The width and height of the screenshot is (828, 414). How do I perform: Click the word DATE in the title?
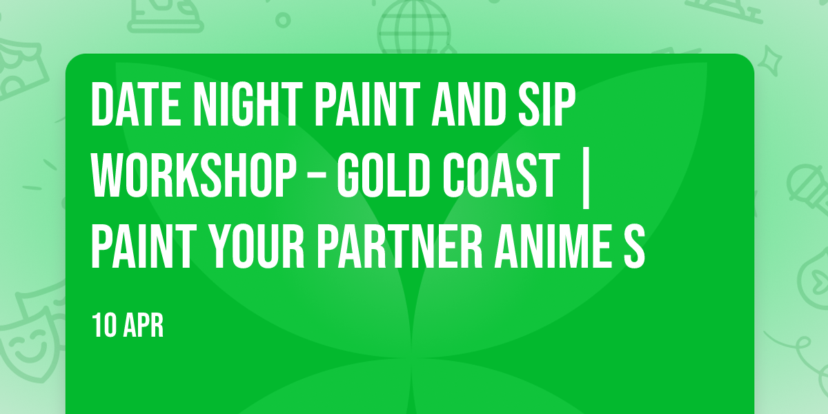click(x=136, y=104)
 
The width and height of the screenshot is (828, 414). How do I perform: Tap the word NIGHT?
click(x=248, y=104)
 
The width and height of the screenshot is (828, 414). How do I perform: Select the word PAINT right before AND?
click(x=367, y=104)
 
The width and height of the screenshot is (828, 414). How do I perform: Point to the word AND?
click(x=469, y=104)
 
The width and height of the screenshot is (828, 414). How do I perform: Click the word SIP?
click(x=546, y=104)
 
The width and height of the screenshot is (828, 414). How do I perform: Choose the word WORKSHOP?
click(x=193, y=175)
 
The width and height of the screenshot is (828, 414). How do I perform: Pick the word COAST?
click(x=501, y=175)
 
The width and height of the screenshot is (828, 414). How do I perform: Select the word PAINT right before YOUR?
click(x=144, y=247)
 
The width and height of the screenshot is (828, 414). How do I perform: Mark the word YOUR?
click(x=256, y=247)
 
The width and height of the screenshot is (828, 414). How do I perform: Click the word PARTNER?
click(x=400, y=247)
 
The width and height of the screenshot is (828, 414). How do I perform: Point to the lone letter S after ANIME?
click(x=634, y=247)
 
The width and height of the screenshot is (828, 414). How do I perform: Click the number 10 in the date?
click(x=105, y=325)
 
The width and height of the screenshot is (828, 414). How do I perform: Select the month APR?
click(x=144, y=325)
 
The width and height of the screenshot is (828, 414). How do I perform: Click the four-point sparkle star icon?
click(x=769, y=61)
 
